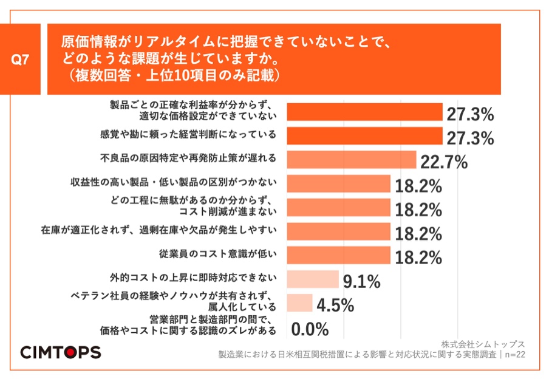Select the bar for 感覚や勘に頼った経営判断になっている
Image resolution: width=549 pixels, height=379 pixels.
click(x=364, y=135)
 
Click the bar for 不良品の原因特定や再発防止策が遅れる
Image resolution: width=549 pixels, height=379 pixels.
click(x=350, y=159)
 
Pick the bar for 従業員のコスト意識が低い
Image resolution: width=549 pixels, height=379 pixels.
click(x=338, y=254)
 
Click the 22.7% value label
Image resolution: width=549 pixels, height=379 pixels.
click(x=443, y=162)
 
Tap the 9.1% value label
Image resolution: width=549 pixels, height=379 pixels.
click(x=361, y=281)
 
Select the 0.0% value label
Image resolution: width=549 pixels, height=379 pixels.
click(x=310, y=329)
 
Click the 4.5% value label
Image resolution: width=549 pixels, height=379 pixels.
click(x=335, y=306)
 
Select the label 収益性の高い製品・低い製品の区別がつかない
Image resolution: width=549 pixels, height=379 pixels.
click(x=174, y=183)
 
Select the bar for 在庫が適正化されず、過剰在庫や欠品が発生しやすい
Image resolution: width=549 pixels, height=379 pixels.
click(x=338, y=231)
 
